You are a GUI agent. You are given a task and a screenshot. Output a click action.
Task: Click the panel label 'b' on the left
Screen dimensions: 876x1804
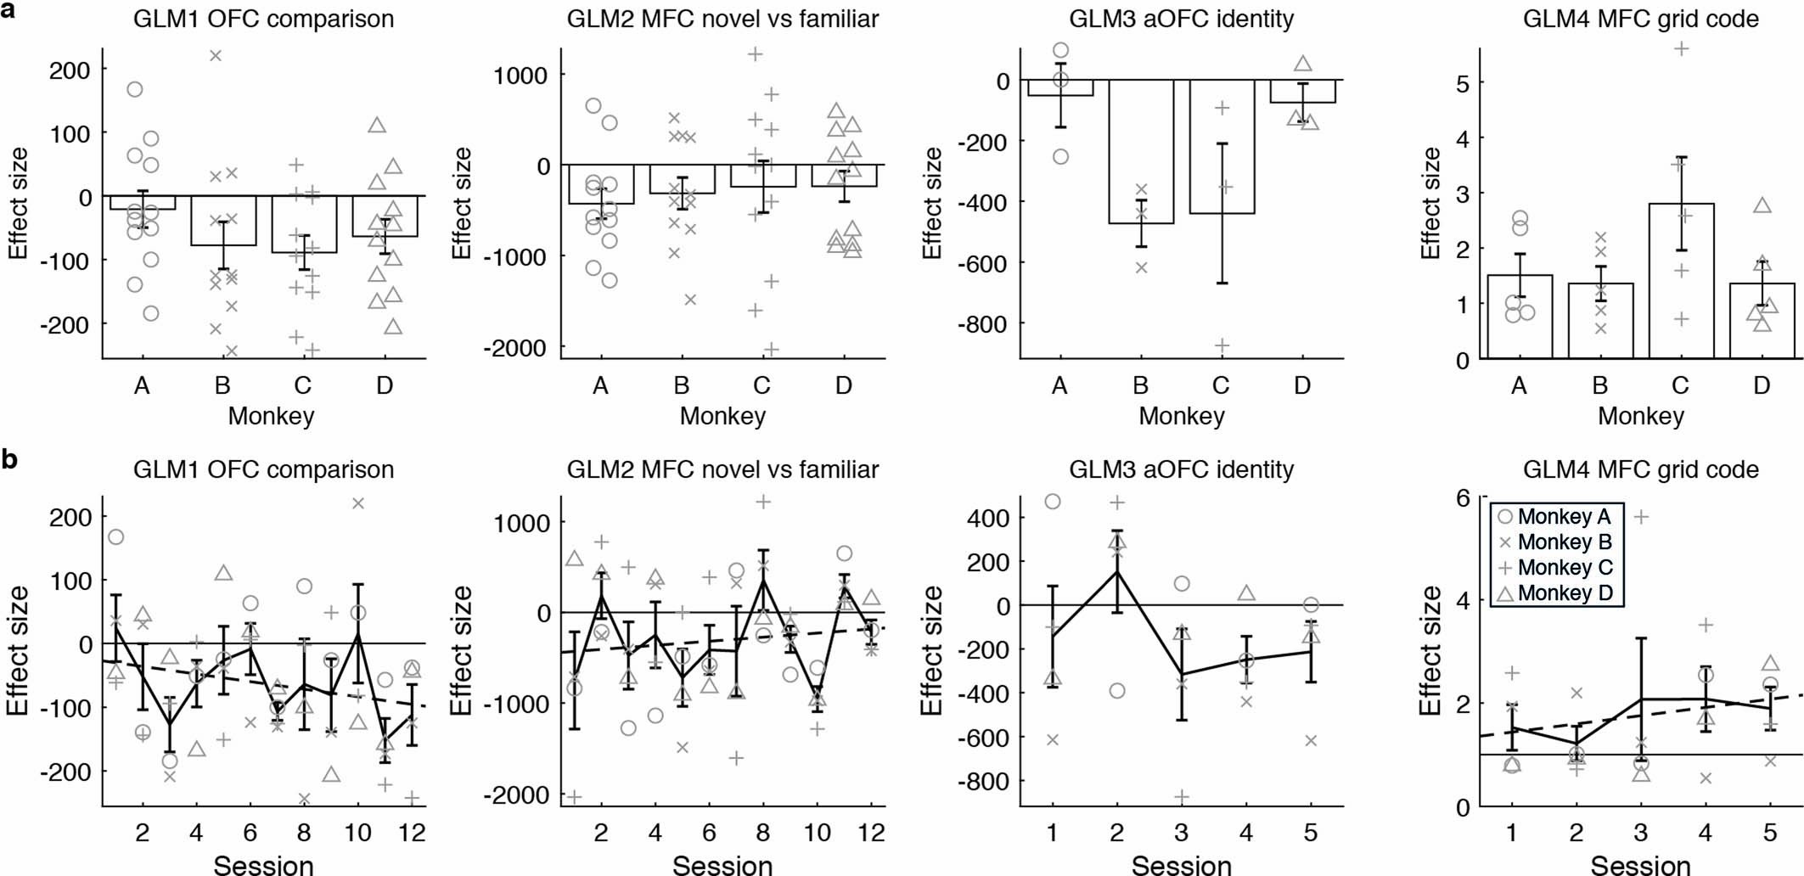tap(9, 459)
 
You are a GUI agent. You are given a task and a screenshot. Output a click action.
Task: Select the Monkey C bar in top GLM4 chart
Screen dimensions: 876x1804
tap(1681, 280)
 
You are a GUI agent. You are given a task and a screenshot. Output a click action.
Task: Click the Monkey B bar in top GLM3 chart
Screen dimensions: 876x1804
tap(1141, 152)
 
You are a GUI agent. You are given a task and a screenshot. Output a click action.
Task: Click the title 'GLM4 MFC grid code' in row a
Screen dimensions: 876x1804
tap(1640, 18)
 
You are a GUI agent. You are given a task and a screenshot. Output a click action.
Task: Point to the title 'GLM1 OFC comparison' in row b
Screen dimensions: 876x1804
tap(263, 469)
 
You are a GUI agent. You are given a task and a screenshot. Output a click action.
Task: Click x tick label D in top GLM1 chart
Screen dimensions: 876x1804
tap(385, 386)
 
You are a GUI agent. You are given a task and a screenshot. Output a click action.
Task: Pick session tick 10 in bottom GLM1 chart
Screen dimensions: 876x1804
tap(357, 832)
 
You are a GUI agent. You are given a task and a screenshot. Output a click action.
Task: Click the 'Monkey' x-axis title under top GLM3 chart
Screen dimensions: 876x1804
tap(1181, 416)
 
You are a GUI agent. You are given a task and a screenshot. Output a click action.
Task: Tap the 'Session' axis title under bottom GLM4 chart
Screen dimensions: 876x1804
tap(1640, 865)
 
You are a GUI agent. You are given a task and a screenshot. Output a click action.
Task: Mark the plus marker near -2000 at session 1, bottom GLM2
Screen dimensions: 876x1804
tap(574, 796)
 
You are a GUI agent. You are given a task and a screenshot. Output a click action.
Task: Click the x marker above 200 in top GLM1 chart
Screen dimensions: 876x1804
tap(216, 56)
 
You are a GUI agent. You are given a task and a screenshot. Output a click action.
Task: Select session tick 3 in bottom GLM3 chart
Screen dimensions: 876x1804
tap(1181, 832)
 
